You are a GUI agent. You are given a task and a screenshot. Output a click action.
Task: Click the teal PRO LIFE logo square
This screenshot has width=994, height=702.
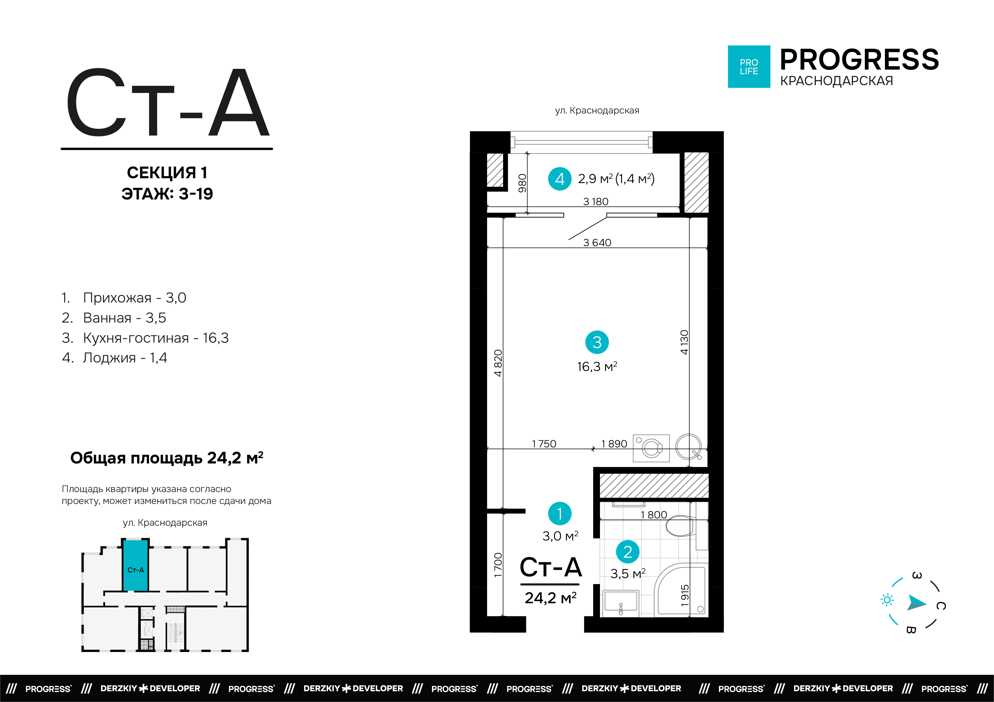tap(749, 66)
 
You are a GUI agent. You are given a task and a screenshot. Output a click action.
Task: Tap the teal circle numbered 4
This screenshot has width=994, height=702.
tap(560, 179)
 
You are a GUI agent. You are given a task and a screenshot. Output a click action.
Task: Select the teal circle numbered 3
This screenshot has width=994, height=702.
tap(597, 342)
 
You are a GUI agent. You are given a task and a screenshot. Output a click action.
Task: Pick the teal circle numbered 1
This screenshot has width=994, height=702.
tap(560, 514)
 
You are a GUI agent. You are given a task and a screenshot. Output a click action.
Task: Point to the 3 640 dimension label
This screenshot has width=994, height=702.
tap(597, 243)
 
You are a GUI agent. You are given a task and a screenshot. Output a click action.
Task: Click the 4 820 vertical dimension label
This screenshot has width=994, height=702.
tap(498, 363)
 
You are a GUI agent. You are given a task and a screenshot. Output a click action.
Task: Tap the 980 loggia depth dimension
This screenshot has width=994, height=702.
tap(523, 183)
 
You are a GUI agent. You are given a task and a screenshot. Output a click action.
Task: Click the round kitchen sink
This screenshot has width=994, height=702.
tap(688, 447)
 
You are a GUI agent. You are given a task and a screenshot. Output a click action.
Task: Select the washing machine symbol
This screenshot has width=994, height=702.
tap(651, 448)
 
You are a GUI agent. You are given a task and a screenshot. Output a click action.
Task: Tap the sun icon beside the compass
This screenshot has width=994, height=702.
tap(887, 600)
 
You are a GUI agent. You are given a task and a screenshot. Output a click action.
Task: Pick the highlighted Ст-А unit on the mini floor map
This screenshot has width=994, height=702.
tap(135, 565)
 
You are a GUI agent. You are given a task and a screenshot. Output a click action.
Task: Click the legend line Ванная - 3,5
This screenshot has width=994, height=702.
tap(114, 318)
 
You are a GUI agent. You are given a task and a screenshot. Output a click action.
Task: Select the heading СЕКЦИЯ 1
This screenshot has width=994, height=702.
tap(167, 173)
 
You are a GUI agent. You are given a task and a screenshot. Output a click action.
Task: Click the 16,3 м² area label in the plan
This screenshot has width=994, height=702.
tap(597, 366)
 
